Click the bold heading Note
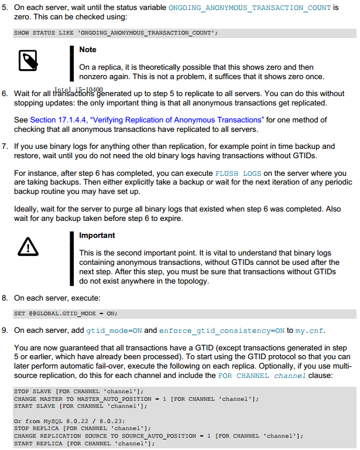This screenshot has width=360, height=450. click(88, 50)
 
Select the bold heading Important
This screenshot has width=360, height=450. click(97, 236)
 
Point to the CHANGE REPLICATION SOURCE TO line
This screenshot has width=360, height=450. click(158, 436)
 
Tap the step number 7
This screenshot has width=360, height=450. click(5, 146)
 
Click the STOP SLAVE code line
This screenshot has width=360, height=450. click(78, 391)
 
